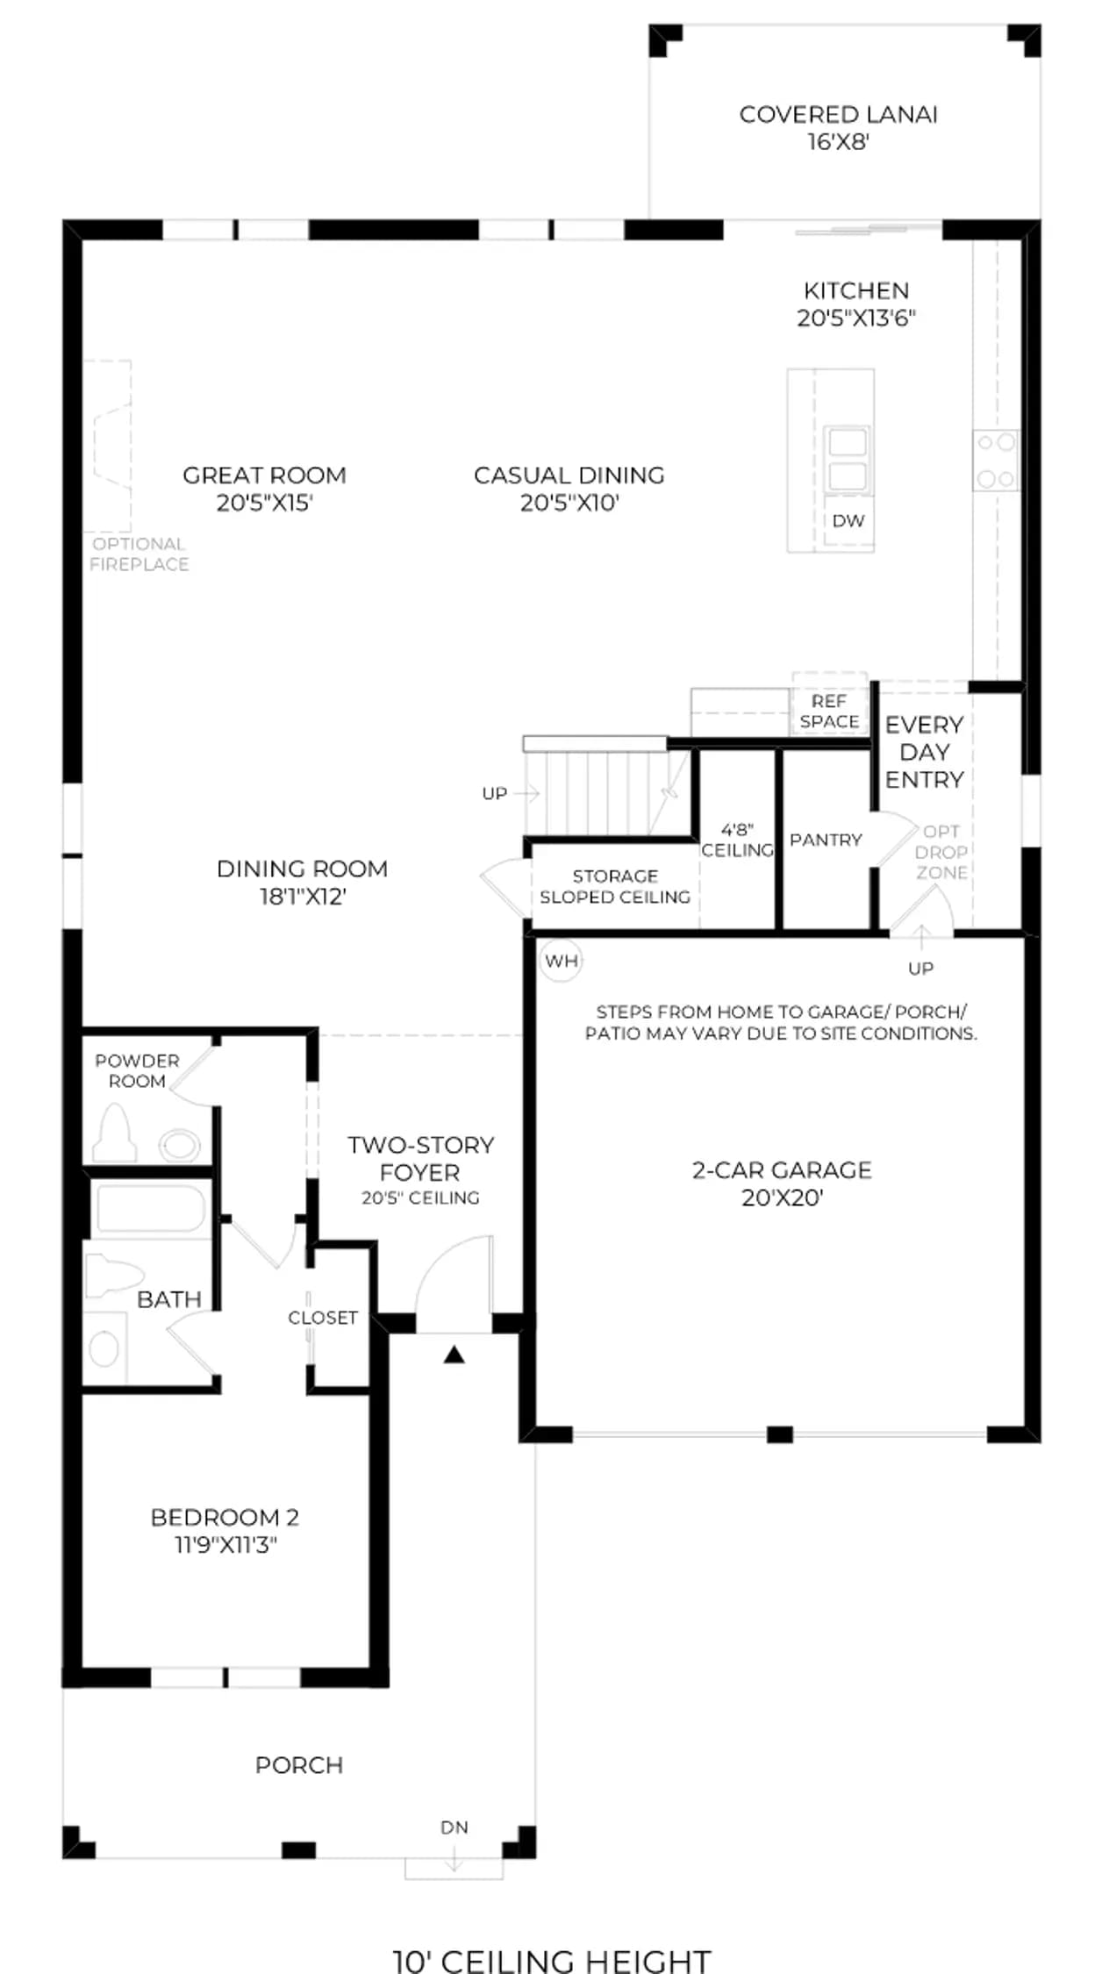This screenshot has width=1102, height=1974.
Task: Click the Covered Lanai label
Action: [838, 127]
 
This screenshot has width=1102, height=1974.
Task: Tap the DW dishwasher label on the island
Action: [848, 520]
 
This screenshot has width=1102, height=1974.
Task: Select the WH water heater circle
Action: [561, 961]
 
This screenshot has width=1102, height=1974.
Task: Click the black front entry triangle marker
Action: [454, 1355]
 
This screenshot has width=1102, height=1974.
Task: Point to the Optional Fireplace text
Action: [140, 554]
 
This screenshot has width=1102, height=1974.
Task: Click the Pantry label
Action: [826, 840]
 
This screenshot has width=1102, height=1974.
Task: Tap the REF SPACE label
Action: [829, 712]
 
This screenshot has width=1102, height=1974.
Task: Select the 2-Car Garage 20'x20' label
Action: [782, 1183]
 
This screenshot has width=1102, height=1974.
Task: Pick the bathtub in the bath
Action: [150, 1208]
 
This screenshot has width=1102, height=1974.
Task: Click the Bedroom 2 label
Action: [225, 1530]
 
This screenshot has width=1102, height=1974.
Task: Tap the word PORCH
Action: [299, 1765]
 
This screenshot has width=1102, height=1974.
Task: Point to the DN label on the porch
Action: [454, 1827]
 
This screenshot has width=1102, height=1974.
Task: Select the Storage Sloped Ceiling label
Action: [615, 886]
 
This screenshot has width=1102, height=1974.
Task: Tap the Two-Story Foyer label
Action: [420, 1170]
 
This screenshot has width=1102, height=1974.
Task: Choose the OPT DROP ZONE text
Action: [941, 852]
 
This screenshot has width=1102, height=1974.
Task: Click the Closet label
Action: [323, 1317]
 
